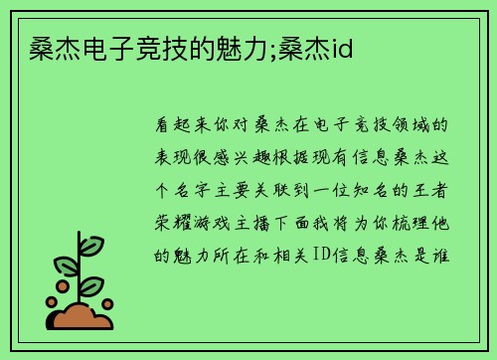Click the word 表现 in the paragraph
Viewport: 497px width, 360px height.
point(169,158)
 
